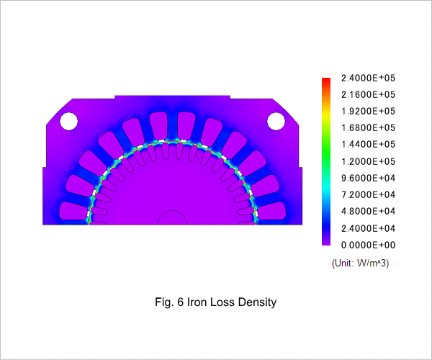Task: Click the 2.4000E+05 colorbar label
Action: point(368,78)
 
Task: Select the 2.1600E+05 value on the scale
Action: point(368,95)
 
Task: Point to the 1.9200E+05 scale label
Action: point(368,112)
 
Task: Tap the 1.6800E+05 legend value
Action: point(368,128)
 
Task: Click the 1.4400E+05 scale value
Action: point(368,144)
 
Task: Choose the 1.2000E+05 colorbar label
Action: point(368,161)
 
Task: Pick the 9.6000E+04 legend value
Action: point(368,179)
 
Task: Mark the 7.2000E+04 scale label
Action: point(368,194)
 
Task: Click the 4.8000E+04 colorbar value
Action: point(368,211)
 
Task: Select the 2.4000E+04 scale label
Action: point(368,228)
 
